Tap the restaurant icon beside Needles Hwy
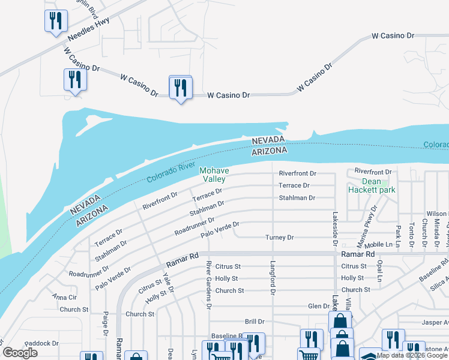click(55, 22)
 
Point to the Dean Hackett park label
click(371, 185)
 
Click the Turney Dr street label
click(280, 238)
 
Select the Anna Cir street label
click(64, 297)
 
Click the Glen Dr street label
click(318, 305)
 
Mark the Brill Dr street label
click(254, 322)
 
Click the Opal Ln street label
click(379, 270)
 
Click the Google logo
click(20, 353)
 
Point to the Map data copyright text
click(412, 355)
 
